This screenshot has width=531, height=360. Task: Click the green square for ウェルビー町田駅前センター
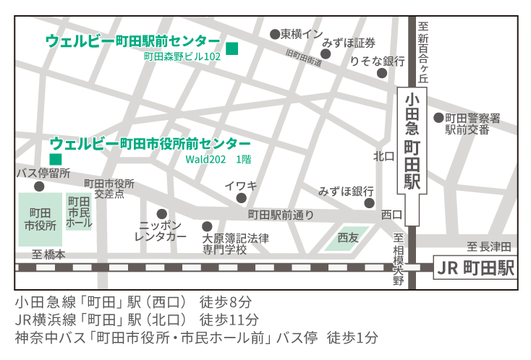point(232,48)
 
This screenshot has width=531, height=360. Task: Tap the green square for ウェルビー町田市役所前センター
point(55,158)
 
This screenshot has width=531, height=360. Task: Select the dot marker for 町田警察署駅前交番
point(438,118)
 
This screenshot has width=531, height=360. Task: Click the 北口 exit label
point(383,156)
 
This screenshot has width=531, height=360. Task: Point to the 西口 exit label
point(391,215)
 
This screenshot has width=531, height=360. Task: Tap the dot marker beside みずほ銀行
point(368,203)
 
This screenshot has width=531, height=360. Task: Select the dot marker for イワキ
point(241,198)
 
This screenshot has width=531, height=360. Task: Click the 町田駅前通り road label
point(281,215)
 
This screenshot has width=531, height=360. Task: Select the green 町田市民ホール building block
point(79,212)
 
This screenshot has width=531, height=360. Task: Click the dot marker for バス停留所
point(39,187)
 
